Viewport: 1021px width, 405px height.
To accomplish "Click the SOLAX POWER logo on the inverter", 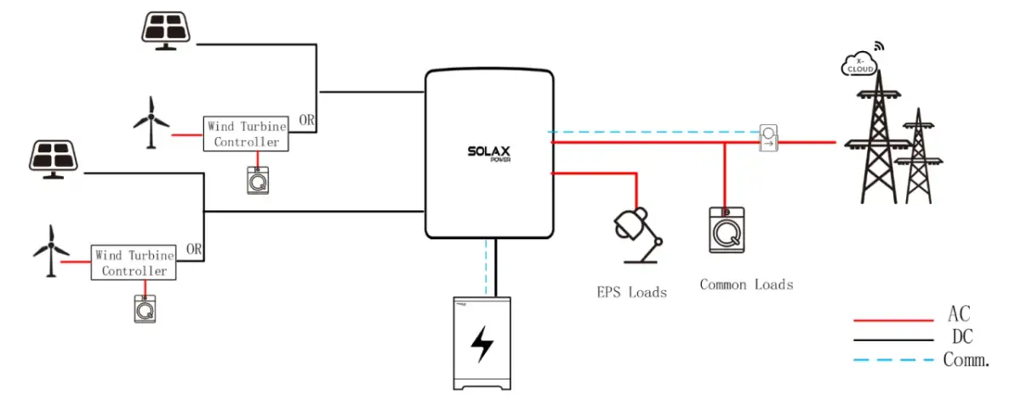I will pos(488,154).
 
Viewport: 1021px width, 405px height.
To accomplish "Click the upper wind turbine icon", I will pos(151,122).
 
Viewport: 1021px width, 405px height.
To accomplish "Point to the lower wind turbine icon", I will pos(50,248).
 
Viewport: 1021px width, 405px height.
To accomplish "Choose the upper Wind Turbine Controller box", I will pos(246,134).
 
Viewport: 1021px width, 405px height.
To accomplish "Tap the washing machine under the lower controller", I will pos(145,308).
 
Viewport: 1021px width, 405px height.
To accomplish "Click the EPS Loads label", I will pos(631,292).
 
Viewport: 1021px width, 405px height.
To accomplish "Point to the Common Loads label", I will pos(746,284).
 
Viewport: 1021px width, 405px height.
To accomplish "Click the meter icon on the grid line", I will pos(769,138).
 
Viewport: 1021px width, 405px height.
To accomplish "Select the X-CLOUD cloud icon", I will pos(858,65).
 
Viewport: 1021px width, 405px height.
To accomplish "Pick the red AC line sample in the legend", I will pos(893,320).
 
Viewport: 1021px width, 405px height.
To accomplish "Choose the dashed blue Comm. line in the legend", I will pos(893,359).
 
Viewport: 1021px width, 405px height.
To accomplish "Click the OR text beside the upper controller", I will pos(306,120).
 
